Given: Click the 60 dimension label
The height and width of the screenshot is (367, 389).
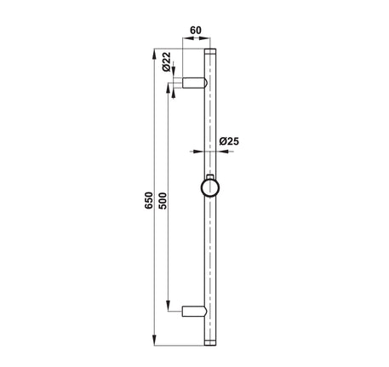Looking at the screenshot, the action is pyautogui.click(x=196, y=30).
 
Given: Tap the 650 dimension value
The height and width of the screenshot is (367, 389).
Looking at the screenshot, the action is pyautogui.click(x=149, y=200).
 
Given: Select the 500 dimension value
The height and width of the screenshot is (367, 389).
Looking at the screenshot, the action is pyautogui.click(x=163, y=201).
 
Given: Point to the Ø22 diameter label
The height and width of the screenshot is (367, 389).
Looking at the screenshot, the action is pyautogui.click(x=166, y=61).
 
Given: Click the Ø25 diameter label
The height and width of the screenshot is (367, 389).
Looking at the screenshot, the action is pyautogui.click(x=229, y=141).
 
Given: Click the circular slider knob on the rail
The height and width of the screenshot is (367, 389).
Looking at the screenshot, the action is pyautogui.click(x=210, y=188).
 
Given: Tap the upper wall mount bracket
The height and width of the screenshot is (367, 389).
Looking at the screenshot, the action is pyautogui.click(x=195, y=83).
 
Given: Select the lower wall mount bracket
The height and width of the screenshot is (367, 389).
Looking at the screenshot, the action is pyautogui.click(x=195, y=311).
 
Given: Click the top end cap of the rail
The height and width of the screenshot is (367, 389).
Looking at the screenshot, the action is pyautogui.click(x=210, y=51).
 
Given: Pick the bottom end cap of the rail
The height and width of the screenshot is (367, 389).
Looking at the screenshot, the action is pyautogui.click(x=210, y=342).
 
